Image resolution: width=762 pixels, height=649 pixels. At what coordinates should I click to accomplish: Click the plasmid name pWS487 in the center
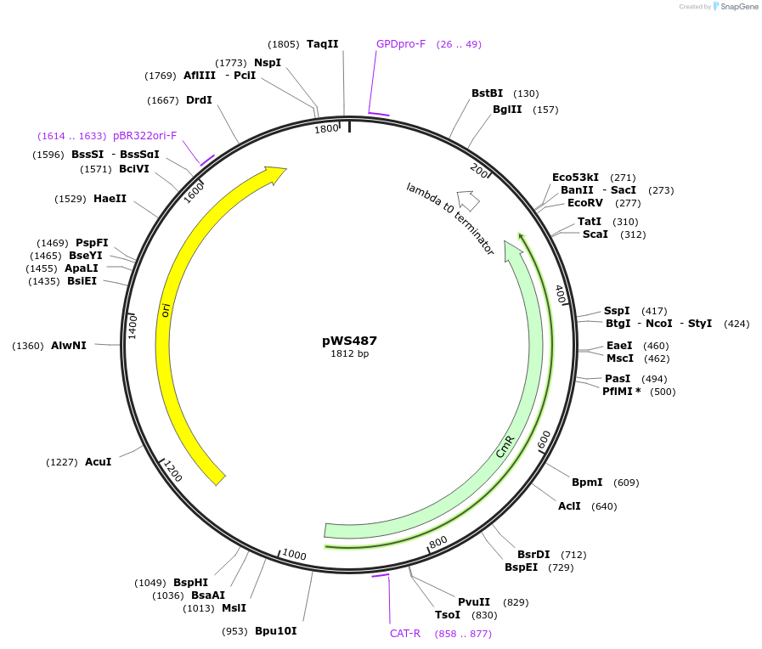(x=349, y=341)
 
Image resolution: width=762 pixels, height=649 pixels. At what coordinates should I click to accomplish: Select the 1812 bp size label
(x=349, y=354)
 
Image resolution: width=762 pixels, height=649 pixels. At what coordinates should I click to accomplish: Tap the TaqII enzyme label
(x=323, y=44)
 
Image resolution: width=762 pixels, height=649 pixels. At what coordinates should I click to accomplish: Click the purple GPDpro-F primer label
(x=401, y=44)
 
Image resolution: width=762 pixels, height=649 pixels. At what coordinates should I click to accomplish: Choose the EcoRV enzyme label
(x=584, y=203)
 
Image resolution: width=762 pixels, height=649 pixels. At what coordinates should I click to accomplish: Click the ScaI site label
(x=595, y=234)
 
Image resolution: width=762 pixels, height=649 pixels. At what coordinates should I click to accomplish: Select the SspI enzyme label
(x=618, y=311)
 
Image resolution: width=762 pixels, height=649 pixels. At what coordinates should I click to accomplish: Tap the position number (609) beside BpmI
(x=626, y=483)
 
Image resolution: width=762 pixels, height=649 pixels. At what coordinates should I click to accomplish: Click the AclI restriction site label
(x=569, y=506)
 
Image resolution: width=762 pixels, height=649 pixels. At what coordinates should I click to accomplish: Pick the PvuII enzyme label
(x=474, y=602)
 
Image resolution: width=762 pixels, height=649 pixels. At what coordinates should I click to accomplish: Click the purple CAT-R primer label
(x=405, y=634)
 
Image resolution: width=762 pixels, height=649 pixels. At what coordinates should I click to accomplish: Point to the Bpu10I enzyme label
(x=276, y=631)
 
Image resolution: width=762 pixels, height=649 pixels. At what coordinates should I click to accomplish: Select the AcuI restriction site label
(x=99, y=462)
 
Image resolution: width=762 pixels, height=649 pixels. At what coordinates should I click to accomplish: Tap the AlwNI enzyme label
(x=69, y=346)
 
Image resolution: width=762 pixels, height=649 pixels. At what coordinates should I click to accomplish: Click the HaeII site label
(x=110, y=199)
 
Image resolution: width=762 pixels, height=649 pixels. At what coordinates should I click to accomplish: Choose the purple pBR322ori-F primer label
(x=144, y=136)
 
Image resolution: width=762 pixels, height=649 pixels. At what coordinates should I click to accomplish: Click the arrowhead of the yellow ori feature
(x=277, y=174)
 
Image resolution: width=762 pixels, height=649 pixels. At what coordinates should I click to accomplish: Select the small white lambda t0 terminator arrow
(x=467, y=200)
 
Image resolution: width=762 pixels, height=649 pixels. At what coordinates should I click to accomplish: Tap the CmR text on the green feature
(x=505, y=447)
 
